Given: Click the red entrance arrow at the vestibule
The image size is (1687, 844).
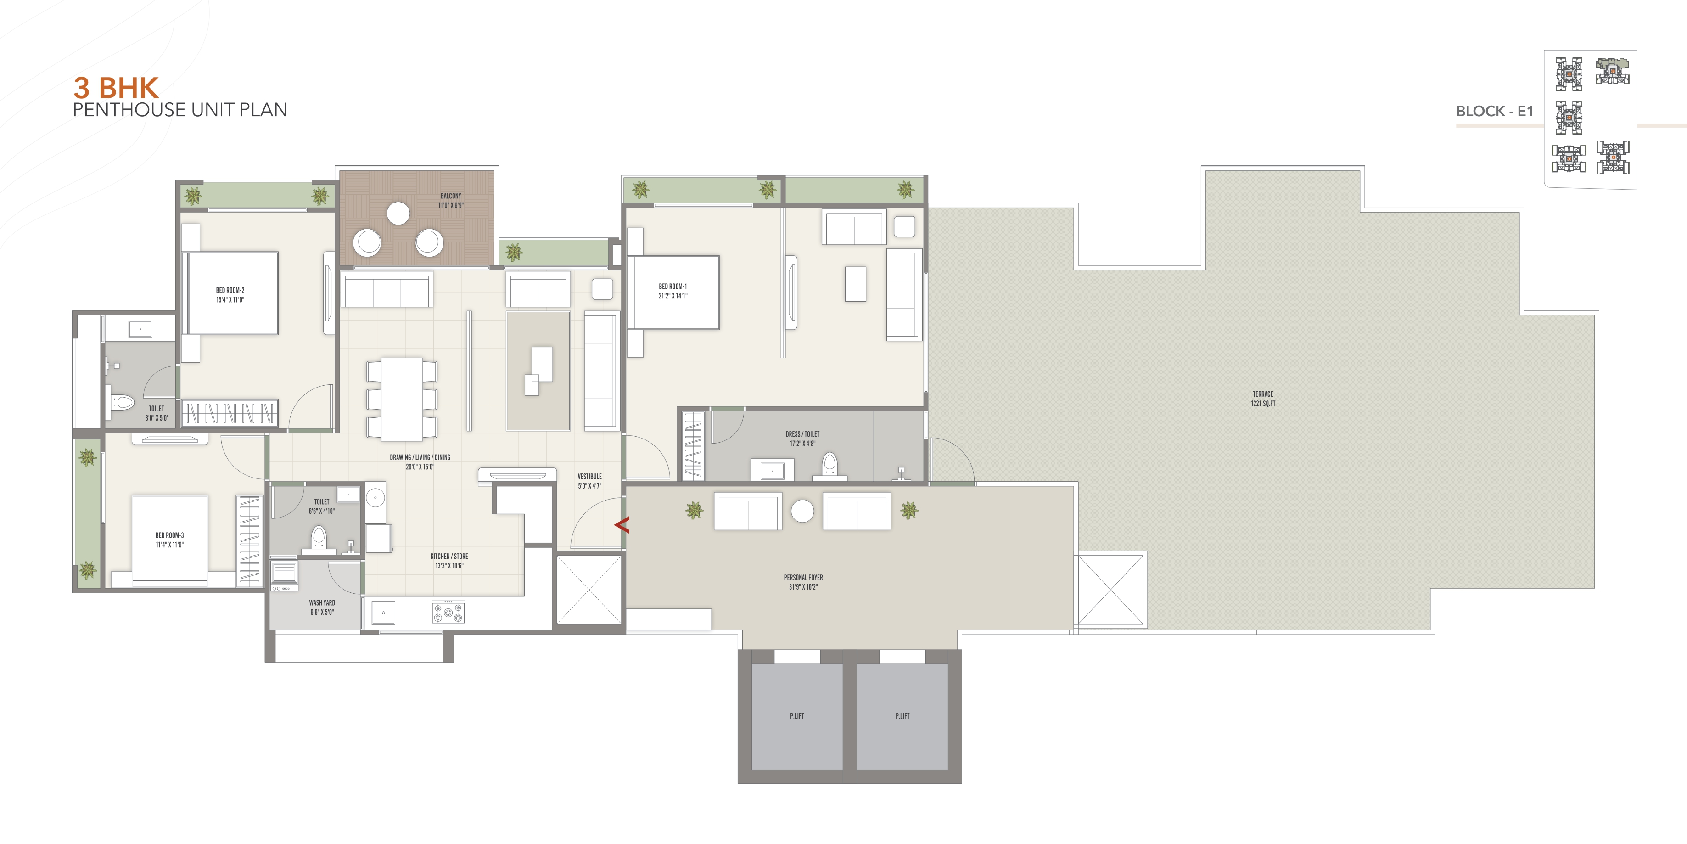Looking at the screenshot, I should (622, 524).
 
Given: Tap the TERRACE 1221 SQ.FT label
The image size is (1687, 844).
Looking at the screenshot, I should (1263, 399).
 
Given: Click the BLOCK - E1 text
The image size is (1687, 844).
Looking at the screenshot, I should (1495, 112).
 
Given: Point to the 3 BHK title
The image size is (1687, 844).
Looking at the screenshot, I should (116, 88).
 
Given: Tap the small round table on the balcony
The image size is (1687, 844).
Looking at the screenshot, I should (398, 213).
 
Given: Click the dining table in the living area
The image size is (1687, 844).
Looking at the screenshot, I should (402, 399).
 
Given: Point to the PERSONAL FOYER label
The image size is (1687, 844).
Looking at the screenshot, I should (803, 582).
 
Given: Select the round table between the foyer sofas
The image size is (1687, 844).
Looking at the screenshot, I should (802, 511).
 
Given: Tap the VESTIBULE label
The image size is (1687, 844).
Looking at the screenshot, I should (589, 481).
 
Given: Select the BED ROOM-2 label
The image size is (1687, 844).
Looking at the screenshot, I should (230, 295).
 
